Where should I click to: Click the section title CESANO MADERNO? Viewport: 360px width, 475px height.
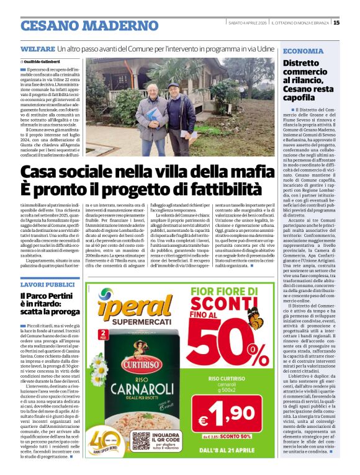89,25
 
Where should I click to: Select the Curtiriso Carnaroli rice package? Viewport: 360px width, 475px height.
124,384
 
